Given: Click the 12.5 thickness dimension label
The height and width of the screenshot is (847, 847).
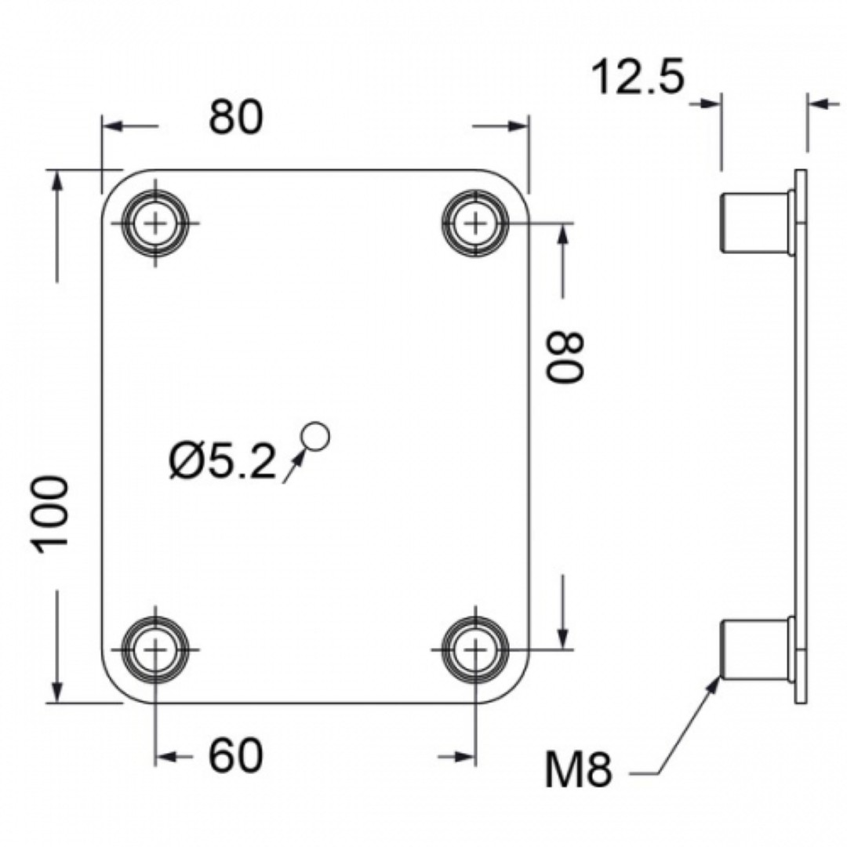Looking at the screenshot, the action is click(638, 77).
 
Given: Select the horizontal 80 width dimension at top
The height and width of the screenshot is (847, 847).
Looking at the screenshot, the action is click(236, 117).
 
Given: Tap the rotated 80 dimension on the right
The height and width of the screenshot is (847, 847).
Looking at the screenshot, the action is click(565, 357).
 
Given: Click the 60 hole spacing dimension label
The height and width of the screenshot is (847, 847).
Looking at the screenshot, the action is click(236, 755).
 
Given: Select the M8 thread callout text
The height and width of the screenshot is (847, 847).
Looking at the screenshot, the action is click(579, 769).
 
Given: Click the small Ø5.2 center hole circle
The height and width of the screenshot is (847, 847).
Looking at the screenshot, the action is click(316, 437).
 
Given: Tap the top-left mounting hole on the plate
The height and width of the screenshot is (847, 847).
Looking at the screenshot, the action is click(155, 223).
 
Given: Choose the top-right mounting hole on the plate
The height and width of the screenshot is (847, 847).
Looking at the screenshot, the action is click(475, 223).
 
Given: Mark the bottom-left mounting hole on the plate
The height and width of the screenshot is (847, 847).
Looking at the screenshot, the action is click(155, 649).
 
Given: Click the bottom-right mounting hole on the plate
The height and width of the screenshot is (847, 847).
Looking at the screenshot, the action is click(475, 649).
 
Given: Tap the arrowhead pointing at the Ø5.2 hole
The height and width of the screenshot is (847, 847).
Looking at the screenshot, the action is click(299, 457).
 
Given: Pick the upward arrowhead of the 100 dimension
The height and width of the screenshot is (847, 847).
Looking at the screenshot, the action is click(57, 181).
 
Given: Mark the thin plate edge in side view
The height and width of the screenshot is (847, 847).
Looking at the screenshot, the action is click(801, 437).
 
